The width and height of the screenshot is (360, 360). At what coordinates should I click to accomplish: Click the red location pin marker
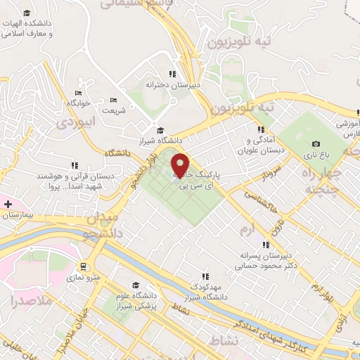(x=181, y=165)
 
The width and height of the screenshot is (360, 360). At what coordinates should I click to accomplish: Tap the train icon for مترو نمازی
(x=83, y=266)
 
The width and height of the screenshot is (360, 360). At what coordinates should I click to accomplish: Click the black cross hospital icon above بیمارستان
(x=8, y=204)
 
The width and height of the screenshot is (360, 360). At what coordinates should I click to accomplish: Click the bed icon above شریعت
(x=114, y=101)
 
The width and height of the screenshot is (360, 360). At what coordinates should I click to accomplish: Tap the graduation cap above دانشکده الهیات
(x=27, y=13)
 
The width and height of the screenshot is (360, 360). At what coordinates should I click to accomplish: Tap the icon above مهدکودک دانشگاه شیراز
(x=205, y=277)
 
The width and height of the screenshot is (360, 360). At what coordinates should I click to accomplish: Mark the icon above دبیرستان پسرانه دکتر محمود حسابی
(x=265, y=245)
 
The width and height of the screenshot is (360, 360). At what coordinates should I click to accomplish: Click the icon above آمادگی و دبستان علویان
(x=261, y=130)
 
